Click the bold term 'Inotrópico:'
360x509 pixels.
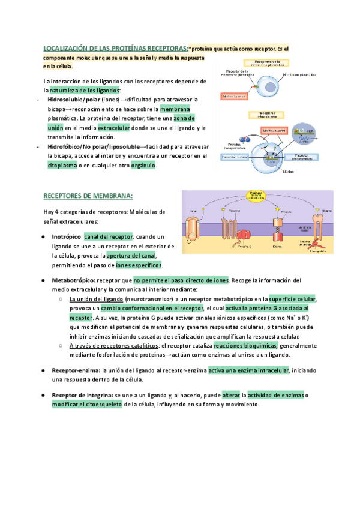(67, 236)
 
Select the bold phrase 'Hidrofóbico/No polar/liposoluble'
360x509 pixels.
(93, 146)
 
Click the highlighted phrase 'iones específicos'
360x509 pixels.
(139, 264)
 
